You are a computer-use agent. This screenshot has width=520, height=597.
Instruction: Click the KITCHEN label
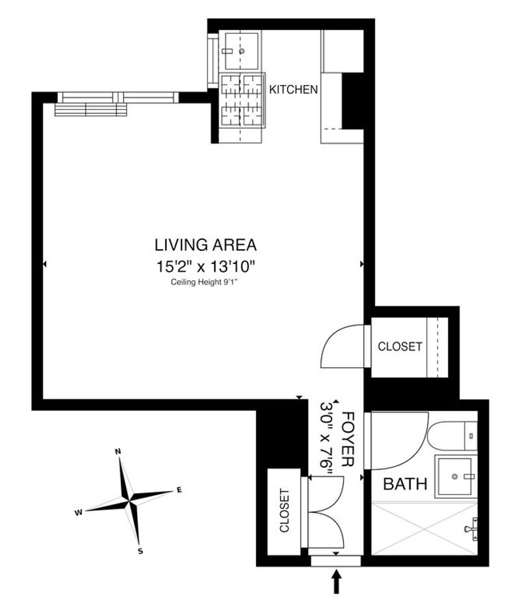point(293,90)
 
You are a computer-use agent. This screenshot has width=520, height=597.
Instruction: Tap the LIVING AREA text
point(205,245)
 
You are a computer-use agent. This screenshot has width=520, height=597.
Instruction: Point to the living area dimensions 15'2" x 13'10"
point(205,267)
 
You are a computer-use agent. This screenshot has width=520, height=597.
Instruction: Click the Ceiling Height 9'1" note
point(207,282)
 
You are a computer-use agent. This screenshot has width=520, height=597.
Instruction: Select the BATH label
point(405,484)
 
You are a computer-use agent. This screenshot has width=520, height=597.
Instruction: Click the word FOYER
point(348,439)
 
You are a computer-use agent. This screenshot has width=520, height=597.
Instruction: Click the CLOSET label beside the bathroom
point(400,347)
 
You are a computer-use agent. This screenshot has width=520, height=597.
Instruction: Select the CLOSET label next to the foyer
point(284,511)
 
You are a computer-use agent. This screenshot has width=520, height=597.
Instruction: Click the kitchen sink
point(241,51)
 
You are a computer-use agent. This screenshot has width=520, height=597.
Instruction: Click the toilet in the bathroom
point(452,436)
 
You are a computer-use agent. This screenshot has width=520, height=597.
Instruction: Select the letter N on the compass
point(118,451)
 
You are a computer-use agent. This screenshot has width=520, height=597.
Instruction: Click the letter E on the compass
point(179,490)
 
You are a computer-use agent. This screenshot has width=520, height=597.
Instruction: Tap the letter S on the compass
point(140,551)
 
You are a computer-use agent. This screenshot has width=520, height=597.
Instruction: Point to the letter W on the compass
point(78,512)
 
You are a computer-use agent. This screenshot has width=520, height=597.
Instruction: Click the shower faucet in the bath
point(471,529)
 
